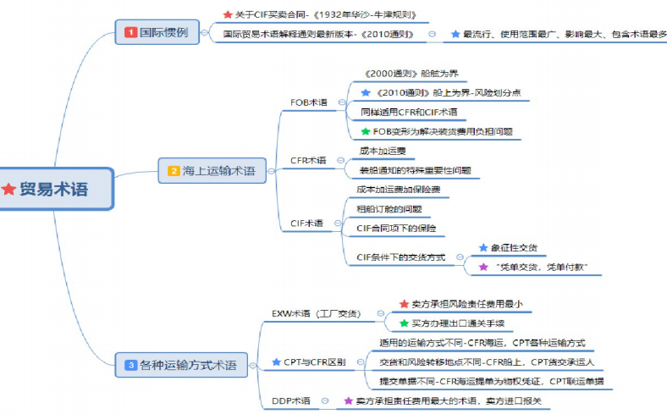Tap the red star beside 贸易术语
click(x=9, y=190)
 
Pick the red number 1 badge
click(x=130, y=32)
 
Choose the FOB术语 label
click(x=309, y=102)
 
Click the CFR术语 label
click(x=308, y=160)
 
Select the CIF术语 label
click(x=306, y=224)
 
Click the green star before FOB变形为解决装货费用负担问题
click(x=366, y=131)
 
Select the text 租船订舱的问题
click(x=389, y=209)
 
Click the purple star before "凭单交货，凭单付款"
click(x=483, y=267)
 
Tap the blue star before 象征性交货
click(x=483, y=248)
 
